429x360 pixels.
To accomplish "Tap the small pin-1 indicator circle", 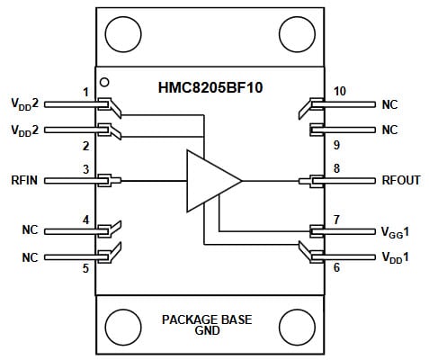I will point(104,82).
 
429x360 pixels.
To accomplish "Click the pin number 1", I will point(85,93).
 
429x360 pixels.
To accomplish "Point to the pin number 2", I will point(85,145).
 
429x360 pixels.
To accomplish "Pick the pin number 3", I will point(85,169).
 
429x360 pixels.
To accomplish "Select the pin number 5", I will point(85,268).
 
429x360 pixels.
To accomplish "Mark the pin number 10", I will point(340,93).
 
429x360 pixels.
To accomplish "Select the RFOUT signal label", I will point(399,180).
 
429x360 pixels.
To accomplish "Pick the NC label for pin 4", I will point(30,230).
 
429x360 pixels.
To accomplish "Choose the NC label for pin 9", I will point(389,130).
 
